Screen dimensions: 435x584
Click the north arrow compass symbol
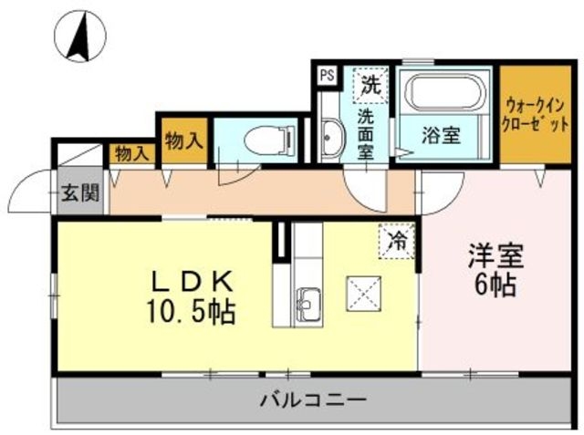(81, 36)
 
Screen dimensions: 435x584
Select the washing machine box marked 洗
(370, 86)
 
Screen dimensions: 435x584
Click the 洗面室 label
(365, 134)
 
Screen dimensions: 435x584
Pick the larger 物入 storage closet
(183, 140)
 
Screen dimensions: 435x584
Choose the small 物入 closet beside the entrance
(131, 153)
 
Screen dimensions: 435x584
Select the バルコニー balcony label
(313, 399)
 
